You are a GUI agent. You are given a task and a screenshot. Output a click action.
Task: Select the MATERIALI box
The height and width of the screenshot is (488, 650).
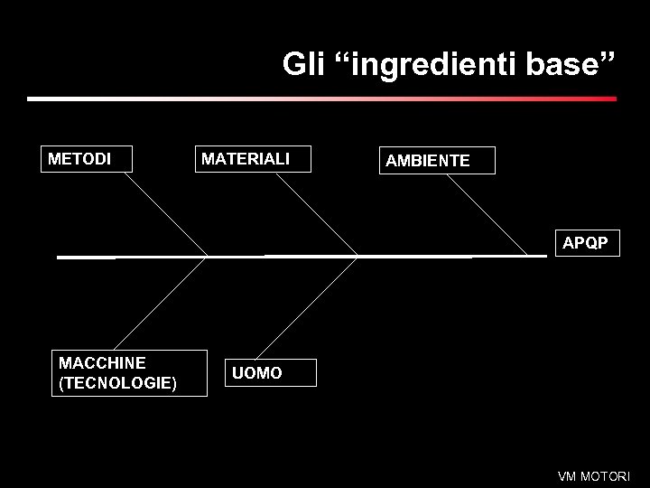tap(253, 158)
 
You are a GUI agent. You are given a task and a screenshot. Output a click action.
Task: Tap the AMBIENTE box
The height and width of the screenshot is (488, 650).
tap(437, 160)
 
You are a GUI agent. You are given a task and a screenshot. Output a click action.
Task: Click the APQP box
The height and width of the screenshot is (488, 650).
tap(586, 242)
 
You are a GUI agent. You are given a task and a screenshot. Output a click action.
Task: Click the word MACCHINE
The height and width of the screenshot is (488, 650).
tap(102, 362)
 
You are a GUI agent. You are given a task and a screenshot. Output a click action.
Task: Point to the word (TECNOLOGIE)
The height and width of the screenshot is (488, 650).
tap(117, 383)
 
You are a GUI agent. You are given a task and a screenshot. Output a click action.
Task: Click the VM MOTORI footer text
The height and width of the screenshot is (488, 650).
tap(594, 476)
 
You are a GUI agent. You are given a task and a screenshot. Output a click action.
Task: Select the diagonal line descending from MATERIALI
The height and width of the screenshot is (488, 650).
tap(316, 214)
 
